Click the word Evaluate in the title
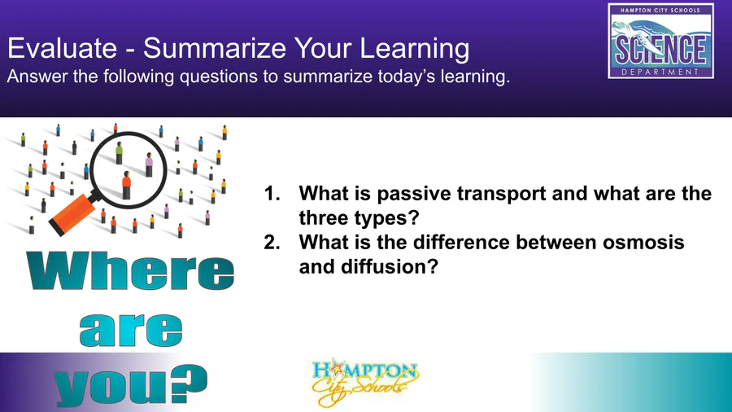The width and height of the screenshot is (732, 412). tap(62, 48)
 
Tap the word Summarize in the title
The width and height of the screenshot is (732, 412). tap(214, 48)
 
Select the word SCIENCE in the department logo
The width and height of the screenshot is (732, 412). tap(660, 50)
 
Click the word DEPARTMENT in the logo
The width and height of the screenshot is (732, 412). tap(660, 72)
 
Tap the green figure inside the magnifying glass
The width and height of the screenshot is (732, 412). tap(119, 153)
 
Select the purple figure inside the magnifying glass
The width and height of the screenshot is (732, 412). tap(149, 164)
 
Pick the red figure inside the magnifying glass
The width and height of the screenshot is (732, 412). tap(126, 185)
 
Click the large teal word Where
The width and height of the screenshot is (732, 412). tap(130, 271)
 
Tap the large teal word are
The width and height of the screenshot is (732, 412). tap(131, 330)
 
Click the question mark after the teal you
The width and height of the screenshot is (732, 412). tap(188, 384)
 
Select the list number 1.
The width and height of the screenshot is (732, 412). tap(272, 194)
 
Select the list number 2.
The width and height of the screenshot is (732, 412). tap(272, 243)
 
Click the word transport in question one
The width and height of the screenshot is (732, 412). tap(501, 195)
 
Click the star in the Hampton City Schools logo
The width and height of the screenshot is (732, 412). tap(335, 369)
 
